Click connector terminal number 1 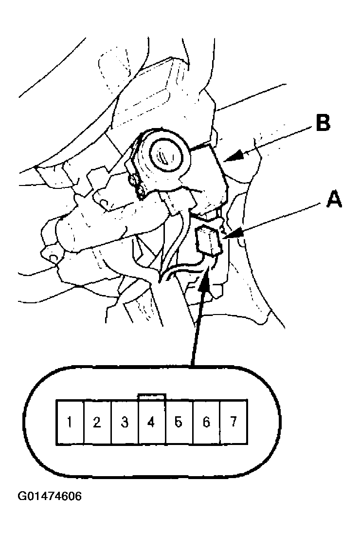pyautogui.click(x=70, y=422)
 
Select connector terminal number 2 pyautogui.click(x=97, y=422)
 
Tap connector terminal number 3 pyautogui.click(x=125, y=422)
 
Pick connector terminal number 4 pyautogui.click(x=152, y=422)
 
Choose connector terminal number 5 pyautogui.click(x=179, y=422)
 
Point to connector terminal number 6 pyautogui.click(x=206, y=422)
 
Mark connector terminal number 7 pyautogui.click(x=234, y=422)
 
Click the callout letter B pyautogui.click(x=323, y=123)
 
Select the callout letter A pyautogui.click(x=334, y=199)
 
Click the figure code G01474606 pyautogui.click(x=50, y=496)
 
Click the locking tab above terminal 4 pyautogui.click(x=152, y=397)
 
